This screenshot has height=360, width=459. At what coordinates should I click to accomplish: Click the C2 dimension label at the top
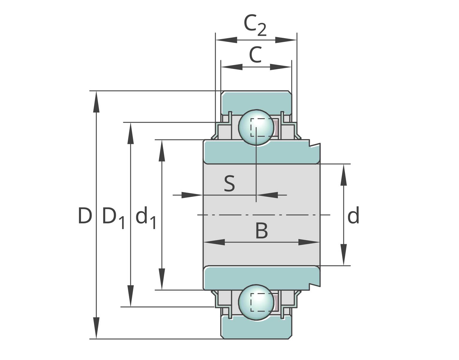[255, 25]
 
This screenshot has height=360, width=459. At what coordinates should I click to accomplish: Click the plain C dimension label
[255, 55]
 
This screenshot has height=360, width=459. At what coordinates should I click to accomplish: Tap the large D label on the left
[85, 215]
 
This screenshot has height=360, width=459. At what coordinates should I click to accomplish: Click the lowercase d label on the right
[353, 215]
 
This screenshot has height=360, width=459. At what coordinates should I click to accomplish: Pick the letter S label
[229, 183]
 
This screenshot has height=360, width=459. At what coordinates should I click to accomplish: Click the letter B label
[262, 231]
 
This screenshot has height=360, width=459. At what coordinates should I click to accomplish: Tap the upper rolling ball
[256, 127]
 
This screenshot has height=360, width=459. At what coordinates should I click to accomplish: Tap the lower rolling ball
[256, 302]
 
